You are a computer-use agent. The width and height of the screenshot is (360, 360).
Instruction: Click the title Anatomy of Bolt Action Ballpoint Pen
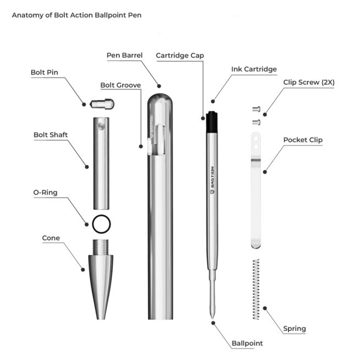point(76,15)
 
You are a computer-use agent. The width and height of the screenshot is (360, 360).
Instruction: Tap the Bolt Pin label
point(45,73)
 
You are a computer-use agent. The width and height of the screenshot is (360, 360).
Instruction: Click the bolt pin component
point(102,104)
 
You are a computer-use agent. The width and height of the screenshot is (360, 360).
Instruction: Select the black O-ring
point(101,224)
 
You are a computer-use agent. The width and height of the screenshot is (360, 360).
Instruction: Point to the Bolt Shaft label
point(51,135)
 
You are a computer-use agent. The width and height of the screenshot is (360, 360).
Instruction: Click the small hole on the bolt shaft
point(101,126)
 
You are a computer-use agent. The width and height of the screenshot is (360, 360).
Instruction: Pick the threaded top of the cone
point(101,247)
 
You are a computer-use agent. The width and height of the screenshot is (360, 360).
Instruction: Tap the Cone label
point(51,238)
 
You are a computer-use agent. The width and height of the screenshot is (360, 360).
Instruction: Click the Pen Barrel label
point(125,56)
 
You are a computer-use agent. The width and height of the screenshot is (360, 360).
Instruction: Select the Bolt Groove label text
point(120,85)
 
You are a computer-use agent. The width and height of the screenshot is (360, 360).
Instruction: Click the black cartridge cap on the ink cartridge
point(212,122)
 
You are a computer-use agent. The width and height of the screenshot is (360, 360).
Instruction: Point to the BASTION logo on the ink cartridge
point(212,180)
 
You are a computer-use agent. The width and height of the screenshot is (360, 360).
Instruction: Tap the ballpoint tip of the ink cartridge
point(212,316)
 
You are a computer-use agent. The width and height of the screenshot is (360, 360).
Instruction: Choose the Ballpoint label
point(247,344)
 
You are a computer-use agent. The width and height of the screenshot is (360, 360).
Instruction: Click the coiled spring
point(256,289)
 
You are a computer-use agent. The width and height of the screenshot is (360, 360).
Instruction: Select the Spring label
point(295,329)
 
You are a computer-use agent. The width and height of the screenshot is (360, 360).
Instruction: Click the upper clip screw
point(256,109)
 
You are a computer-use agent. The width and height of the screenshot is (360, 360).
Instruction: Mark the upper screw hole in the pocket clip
point(256,139)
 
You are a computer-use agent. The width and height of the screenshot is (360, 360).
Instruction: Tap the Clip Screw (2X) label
point(309,82)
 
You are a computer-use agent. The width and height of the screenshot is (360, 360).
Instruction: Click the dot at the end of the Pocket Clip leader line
point(265,171)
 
